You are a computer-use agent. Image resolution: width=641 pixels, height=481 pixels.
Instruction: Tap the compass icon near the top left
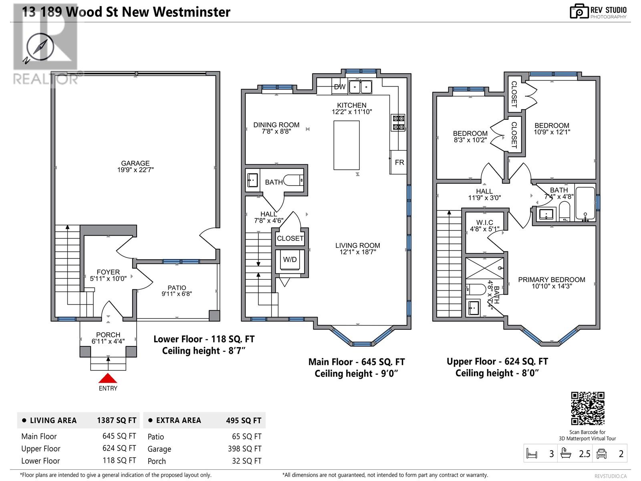pos(40,47)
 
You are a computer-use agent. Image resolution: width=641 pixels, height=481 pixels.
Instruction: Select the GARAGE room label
pos(135,163)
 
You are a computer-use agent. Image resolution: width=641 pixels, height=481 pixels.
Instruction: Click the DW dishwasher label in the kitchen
pos(340,87)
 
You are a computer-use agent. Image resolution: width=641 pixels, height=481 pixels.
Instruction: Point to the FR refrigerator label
pos(399,162)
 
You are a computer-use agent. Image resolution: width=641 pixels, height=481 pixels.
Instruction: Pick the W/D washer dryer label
pos(290,259)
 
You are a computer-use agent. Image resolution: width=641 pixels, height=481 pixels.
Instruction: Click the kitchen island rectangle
pos(347,145)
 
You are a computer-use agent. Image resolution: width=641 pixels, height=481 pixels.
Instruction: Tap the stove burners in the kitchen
pos(398,123)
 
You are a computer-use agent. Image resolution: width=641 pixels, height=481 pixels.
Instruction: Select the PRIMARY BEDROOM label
pos(551,279)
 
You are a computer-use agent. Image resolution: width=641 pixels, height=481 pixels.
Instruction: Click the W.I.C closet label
pos(484,222)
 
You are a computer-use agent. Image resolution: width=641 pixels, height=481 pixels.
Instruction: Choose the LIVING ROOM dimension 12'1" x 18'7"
pos(357,252)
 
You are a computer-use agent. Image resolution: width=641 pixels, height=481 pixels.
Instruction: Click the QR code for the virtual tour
pos(588,408)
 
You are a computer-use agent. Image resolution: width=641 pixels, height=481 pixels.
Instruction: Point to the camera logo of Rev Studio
pos(579,11)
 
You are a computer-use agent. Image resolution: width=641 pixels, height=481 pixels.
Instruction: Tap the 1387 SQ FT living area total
pos(117,420)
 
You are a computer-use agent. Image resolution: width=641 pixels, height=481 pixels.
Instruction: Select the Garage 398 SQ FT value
pos(244,449)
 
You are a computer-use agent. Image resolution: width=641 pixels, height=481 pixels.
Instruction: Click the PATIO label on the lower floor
pos(177,288)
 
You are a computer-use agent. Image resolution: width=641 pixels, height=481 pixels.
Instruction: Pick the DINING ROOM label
pos(276,125)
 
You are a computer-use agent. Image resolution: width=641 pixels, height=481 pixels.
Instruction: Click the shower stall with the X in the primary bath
pos(484,268)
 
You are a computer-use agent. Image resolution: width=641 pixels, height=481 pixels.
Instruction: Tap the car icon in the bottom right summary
pos(601,454)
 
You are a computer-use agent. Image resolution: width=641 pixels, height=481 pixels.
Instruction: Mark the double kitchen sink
pos(360,87)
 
